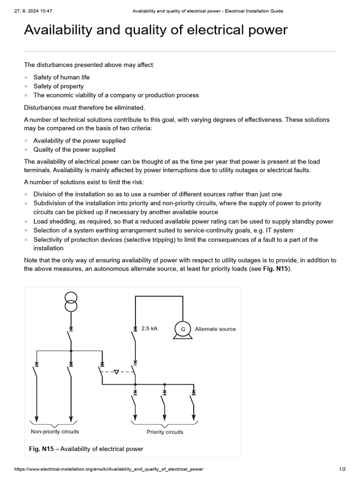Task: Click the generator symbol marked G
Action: pos(183,329)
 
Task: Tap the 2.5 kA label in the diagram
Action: pos(150,329)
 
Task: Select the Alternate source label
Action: pos(215,329)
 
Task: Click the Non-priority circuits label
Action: pos(55,431)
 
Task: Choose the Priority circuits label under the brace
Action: pos(165,432)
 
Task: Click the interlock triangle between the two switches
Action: pos(116,372)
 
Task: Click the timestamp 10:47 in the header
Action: pos(45,11)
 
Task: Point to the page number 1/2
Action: pos(342,469)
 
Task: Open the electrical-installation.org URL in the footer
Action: pos(109,469)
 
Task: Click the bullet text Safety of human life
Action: pos(61,77)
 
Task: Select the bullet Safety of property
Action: pos(59,86)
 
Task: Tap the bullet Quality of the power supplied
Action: pos(74,150)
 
